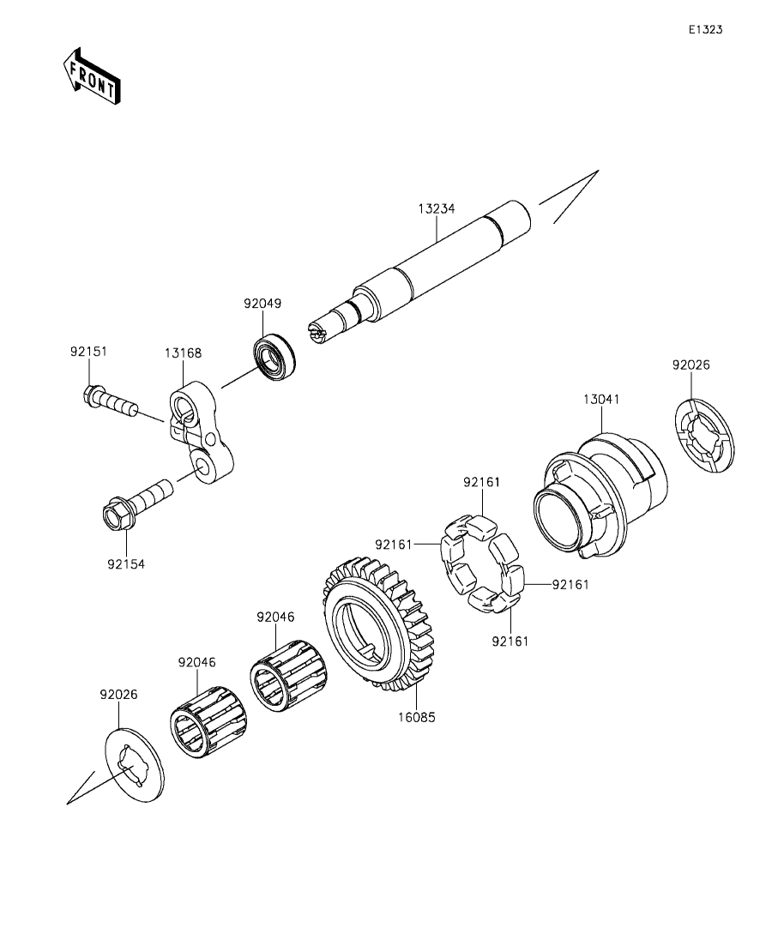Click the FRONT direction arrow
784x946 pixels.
point(91,76)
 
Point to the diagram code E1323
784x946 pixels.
point(705,29)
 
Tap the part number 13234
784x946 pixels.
point(437,208)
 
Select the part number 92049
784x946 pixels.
point(262,304)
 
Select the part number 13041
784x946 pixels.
point(602,400)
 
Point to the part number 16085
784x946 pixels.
point(415,716)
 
